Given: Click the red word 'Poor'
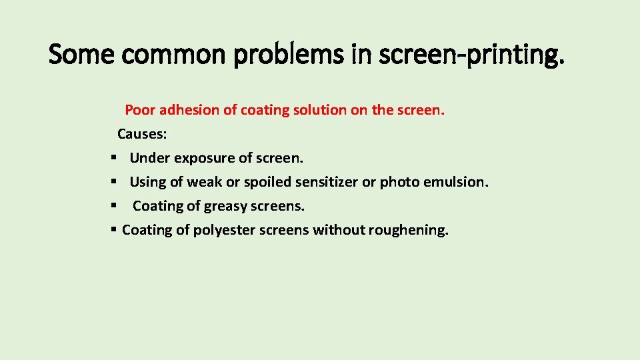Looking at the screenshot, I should tap(139, 110).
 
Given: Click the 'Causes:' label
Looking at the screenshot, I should tap(142, 134).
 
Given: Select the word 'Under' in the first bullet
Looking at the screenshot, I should tap(150, 158).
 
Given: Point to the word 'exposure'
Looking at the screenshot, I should tap(204, 159).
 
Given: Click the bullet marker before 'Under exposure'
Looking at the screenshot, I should tap(114, 158).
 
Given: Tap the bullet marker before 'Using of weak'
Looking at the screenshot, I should tap(114, 182).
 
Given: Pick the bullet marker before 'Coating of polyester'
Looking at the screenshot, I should tap(114, 230).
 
